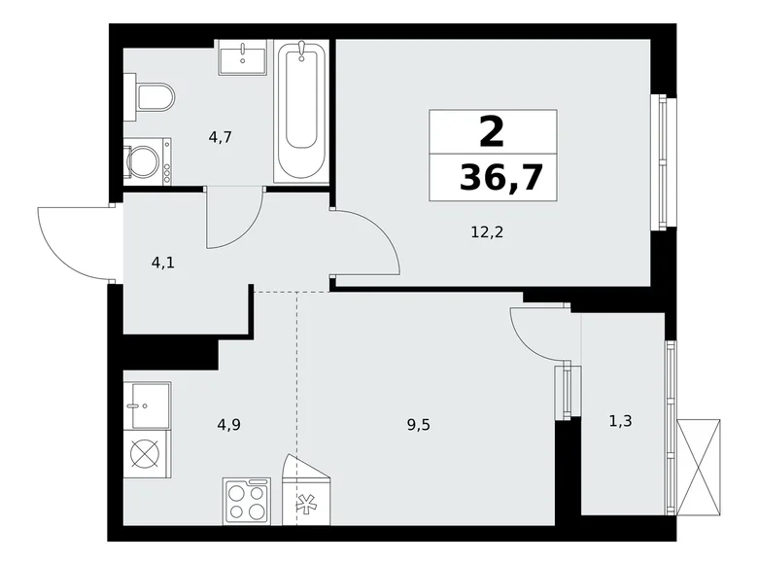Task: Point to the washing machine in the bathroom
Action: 148,161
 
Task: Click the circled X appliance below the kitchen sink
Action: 146,455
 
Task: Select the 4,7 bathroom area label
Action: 219,136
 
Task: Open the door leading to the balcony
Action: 540,333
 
